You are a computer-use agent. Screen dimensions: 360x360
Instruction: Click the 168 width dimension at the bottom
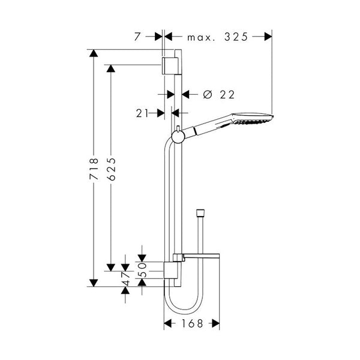191,323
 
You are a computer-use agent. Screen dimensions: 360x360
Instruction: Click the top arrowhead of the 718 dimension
93,53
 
